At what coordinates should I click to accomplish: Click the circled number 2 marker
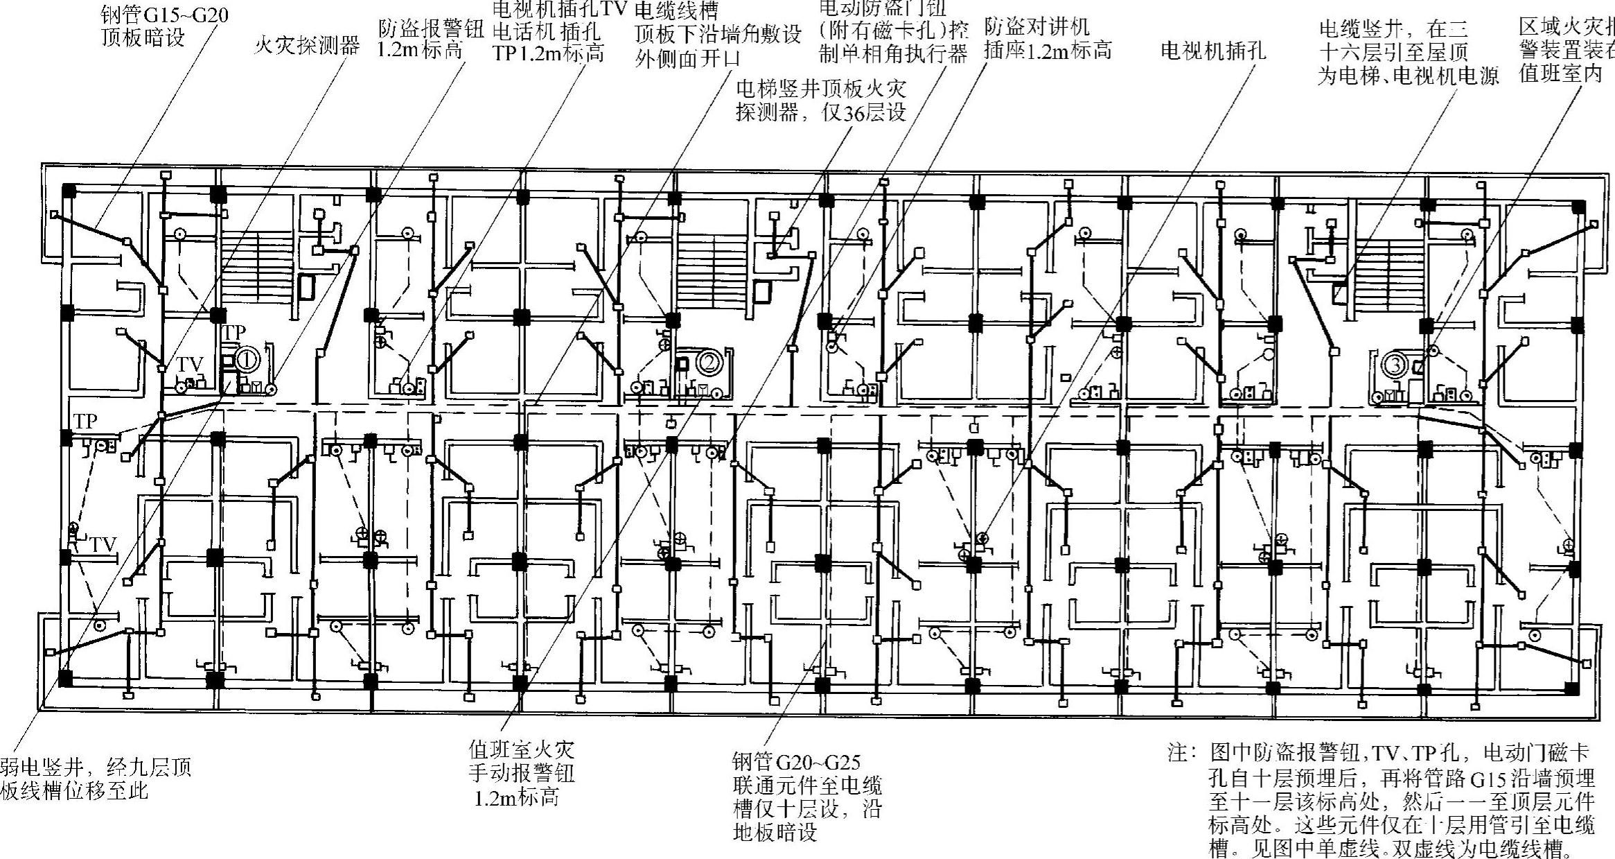tap(708, 361)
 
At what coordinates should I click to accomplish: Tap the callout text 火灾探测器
tap(307, 46)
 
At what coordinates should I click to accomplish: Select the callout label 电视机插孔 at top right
tap(1212, 51)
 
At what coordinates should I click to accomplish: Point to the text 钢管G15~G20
tap(163, 15)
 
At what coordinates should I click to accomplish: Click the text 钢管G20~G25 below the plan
tap(796, 763)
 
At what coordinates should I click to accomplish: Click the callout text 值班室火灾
tap(521, 749)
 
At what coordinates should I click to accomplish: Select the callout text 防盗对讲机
tap(1036, 26)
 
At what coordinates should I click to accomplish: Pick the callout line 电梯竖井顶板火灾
tap(820, 89)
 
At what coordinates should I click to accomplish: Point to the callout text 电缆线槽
tap(676, 10)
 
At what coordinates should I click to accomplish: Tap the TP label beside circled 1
tap(234, 333)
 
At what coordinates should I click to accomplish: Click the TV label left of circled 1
tap(189, 365)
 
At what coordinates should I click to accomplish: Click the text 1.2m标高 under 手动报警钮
tap(516, 797)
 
